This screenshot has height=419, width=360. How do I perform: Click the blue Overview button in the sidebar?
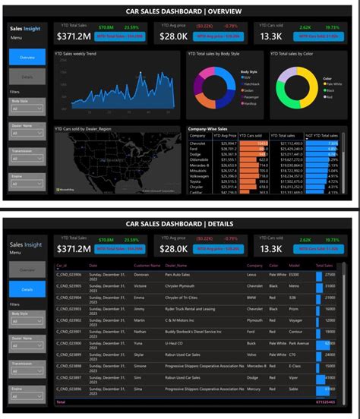coord(27,57)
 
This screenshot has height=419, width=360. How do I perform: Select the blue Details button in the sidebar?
coord(27,289)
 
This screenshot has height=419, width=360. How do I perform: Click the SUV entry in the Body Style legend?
coord(248,77)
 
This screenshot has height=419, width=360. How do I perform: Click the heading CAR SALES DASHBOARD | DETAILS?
coord(179,223)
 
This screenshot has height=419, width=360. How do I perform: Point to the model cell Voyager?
coord(296,320)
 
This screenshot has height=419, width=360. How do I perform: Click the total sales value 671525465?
coord(324,401)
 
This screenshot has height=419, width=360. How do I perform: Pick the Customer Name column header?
coord(146,265)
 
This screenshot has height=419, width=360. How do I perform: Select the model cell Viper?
coord(293,377)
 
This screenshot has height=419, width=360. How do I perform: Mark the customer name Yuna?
coord(139,343)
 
